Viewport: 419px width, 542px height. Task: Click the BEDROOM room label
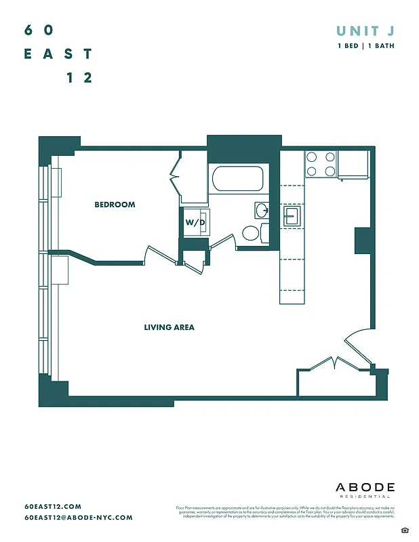[115, 205]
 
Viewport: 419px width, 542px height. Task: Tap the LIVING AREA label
[169, 327]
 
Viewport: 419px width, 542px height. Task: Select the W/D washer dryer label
[195, 222]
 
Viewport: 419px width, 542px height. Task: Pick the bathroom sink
[262, 209]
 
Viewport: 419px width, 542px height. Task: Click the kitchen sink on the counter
[292, 216]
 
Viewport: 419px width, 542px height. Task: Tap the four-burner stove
[321, 163]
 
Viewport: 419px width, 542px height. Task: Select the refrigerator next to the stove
[353, 165]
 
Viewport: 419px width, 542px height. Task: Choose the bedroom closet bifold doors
[176, 177]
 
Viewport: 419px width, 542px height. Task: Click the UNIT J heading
[365, 30]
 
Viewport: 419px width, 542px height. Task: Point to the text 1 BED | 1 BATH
[366, 46]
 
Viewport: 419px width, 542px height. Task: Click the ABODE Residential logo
[365, 490]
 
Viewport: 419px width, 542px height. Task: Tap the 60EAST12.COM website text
[53, 506]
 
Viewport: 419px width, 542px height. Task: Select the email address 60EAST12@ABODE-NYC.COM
[78, 518]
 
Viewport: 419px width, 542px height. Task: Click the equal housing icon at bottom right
[404, 528]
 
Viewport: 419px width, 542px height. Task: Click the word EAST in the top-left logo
[58, 54]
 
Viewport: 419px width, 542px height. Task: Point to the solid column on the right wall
[363, 240]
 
